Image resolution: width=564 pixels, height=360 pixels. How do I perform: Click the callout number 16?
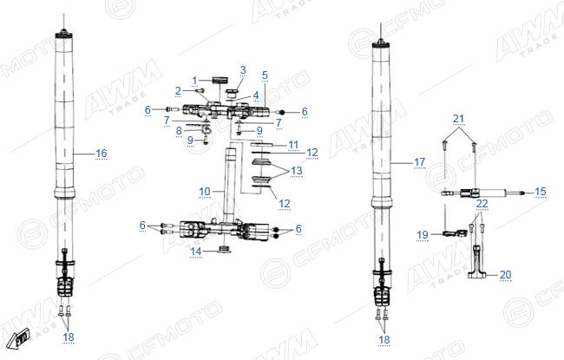[x=102, y=154]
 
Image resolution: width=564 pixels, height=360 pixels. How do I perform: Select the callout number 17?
[x=419, y=162]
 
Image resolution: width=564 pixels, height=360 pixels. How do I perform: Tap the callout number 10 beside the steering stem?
[x=205, y=192]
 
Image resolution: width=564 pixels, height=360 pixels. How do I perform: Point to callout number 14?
[x=196, y=252]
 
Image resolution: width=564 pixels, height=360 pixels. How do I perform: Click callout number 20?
[x=505, y=275]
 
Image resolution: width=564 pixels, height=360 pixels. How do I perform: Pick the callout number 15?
[x=541, y=192]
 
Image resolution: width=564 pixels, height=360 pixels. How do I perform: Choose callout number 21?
[x=458, y=119]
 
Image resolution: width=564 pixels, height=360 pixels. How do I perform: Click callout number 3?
[x=243, y=70]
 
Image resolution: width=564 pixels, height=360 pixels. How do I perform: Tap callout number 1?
[x=194, y=81]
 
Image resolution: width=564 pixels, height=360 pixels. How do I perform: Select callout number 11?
[x=293, y=145]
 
